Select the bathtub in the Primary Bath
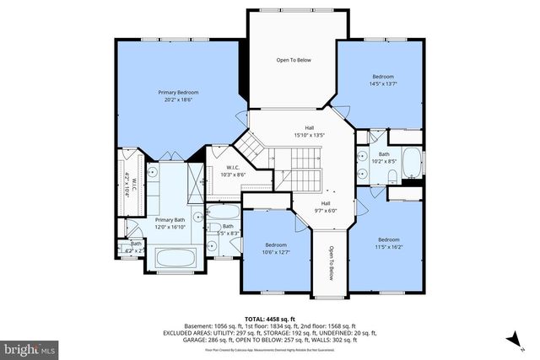[173, 258]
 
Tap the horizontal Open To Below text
[294, 60]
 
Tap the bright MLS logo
[30, 347]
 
